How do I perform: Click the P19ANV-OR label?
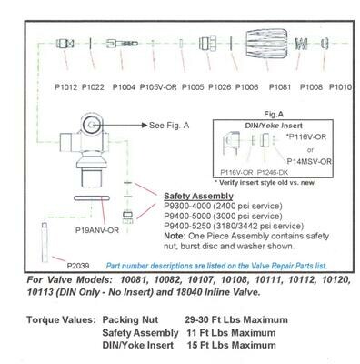pos(96,231)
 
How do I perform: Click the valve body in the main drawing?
pos(87,146)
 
